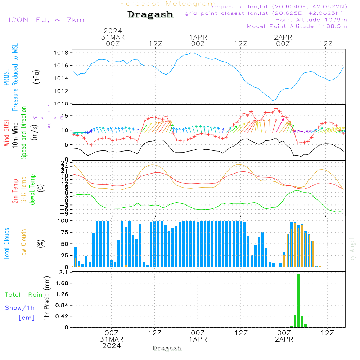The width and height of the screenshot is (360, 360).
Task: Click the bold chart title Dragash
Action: tap(150, 15)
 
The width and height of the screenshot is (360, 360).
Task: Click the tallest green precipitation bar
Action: tap(298, 301)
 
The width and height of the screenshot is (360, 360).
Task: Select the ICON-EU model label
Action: tap(46, 19)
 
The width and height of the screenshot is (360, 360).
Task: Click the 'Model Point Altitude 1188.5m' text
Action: tap(297, 26)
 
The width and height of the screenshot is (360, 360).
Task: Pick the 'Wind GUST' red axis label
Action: tap(6, 133)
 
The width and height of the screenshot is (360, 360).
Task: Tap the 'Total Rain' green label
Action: tap(23, 295)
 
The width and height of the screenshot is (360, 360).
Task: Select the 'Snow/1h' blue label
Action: tap(20, 308)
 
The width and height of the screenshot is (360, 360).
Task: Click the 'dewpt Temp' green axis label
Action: tap(32, 190)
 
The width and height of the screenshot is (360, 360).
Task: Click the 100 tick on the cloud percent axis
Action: tap(63, 221)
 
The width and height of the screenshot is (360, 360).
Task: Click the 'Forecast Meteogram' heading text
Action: tap(168, 4)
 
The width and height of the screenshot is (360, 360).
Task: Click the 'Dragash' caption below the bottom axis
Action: tap(167, 348)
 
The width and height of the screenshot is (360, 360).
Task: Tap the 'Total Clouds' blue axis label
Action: tap(6, 244)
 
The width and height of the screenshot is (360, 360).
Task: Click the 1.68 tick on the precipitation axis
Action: tap(63, 283)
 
